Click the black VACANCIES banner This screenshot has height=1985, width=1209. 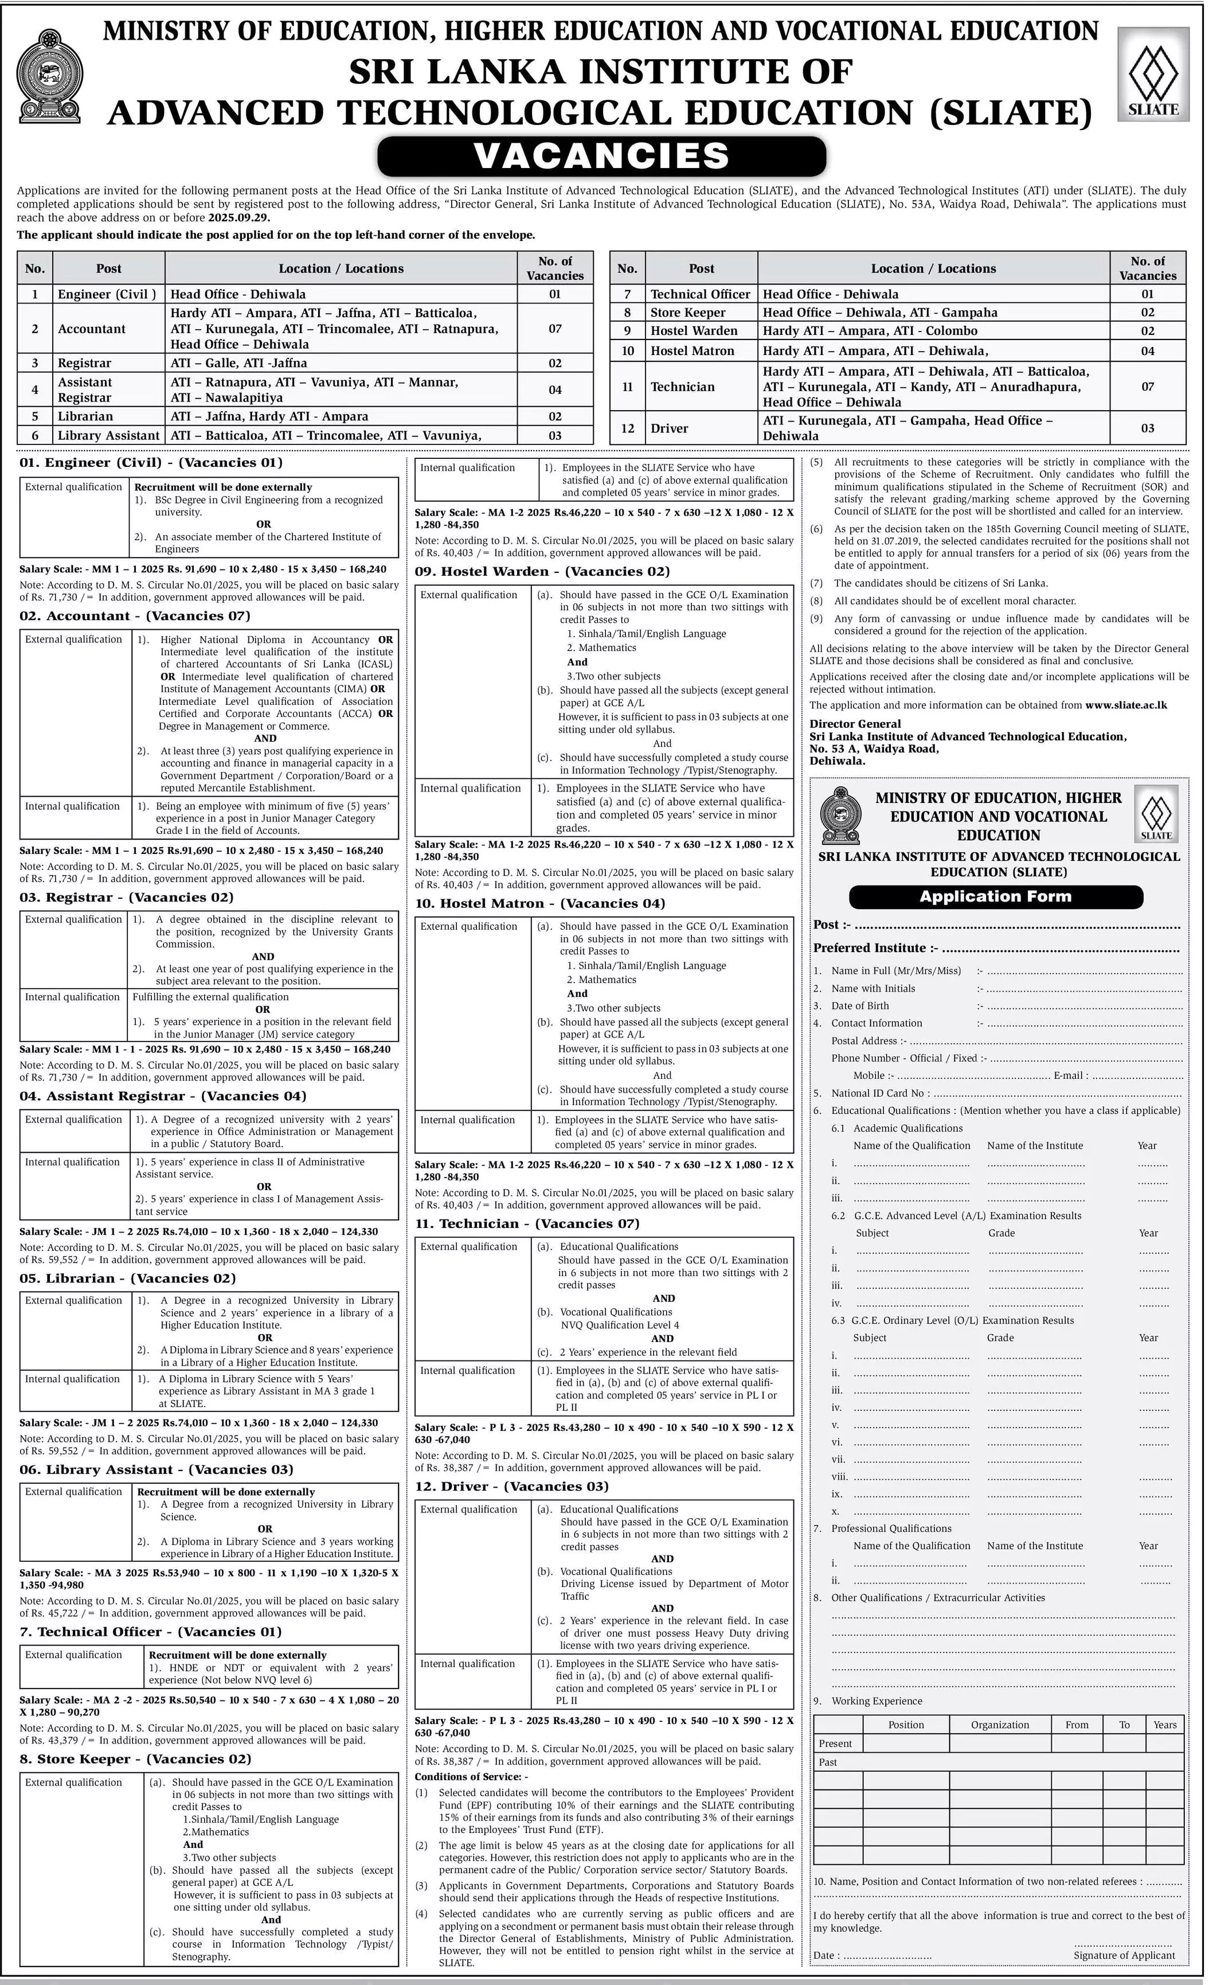tap(602, 156)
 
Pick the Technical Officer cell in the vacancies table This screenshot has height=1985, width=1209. tap(700, 294)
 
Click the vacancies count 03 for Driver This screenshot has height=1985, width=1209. tap(1147, 428)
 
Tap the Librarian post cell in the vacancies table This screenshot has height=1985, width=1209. tap(85, 416)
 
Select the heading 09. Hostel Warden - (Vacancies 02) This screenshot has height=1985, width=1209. tap(542, 571)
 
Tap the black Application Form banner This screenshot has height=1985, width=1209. tap(996, 896)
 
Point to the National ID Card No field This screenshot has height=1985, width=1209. tap(878, 1093)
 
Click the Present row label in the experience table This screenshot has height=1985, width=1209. tap(835, 1744)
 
